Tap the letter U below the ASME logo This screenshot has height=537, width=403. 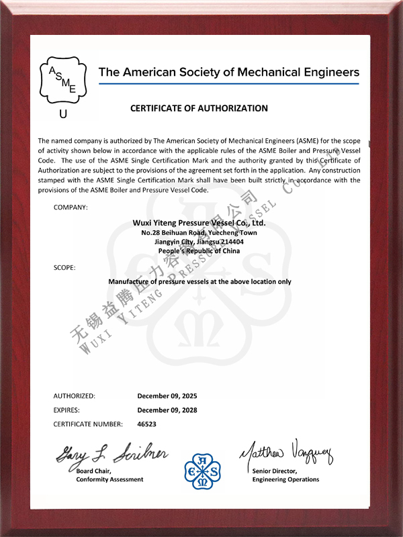(x=63, y=114)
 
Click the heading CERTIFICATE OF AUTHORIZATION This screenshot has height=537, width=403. (x=199, y=108)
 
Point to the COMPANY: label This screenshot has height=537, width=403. (x=71, y=207)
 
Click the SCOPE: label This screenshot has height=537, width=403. (x=64, y=268)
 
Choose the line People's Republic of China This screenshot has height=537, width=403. (x=198, y=251)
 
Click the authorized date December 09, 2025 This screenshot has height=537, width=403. (x=167, y=396)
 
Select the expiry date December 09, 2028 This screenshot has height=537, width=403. (x=167, y=410)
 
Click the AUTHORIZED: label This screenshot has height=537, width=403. (x=74, y=396)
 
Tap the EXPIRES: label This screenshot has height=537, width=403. (x=66, y=410)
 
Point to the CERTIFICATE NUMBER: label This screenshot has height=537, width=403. (x=88, y=424)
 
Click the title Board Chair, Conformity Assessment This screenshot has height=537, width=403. (x=109, y=475)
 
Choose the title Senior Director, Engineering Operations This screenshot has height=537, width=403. (x=285, y=475)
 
